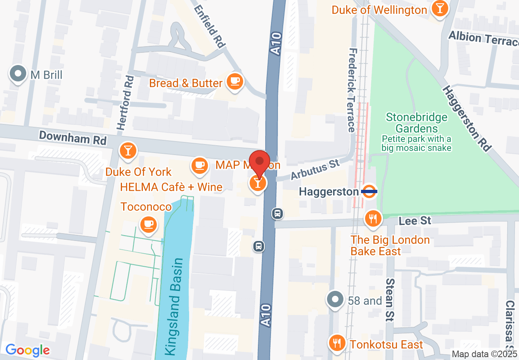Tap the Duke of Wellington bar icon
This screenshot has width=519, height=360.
(440, 9)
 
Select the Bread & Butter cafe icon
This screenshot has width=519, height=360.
(235, 81)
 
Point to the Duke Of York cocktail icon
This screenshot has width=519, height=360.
(128, 150)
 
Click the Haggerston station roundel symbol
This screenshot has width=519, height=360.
(370, 191)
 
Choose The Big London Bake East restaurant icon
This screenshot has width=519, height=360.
(372, 218)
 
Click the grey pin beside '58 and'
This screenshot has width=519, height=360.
(335, 299)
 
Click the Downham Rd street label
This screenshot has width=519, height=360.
(73, 137)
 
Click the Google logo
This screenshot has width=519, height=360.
(27, 350)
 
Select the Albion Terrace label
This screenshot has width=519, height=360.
(483, 38)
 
